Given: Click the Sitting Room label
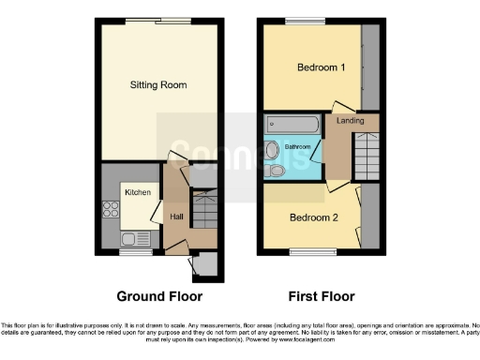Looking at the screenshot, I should coord(157,85).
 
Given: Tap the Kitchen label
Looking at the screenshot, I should coord(138,192).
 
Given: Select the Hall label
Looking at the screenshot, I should coord(175,217).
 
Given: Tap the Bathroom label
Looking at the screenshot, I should coord(297,147).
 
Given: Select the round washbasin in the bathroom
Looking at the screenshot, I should coord(273,151).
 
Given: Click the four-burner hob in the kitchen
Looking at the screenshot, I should coord(111,210).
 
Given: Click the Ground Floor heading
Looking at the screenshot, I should coord(159,296).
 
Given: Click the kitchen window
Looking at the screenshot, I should coord(135,251).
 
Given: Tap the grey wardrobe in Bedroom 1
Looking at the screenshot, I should coord(370,66).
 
